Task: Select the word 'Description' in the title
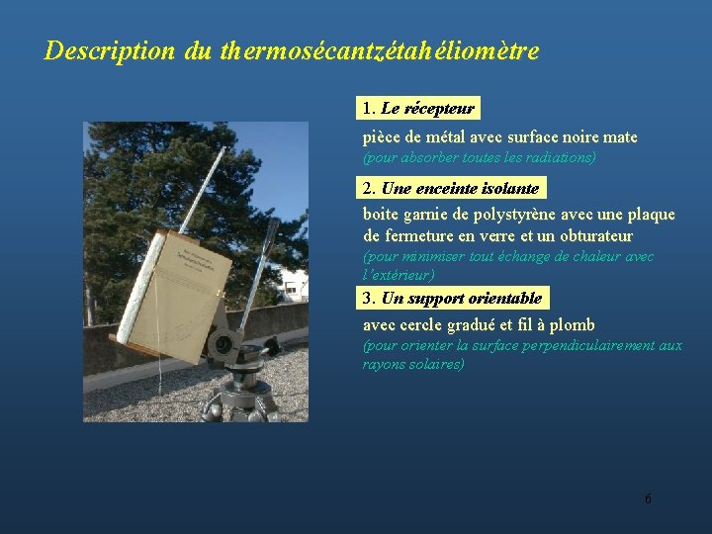point(110,50)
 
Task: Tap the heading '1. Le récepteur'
point(418,108)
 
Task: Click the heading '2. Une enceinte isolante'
point(451,188)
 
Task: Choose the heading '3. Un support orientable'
point(452,298)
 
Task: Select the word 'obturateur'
point(592,236)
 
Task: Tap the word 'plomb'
point(574,324)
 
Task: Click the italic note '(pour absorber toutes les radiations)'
point(480,157)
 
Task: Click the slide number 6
point(648,498)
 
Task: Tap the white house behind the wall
point(294,284)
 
